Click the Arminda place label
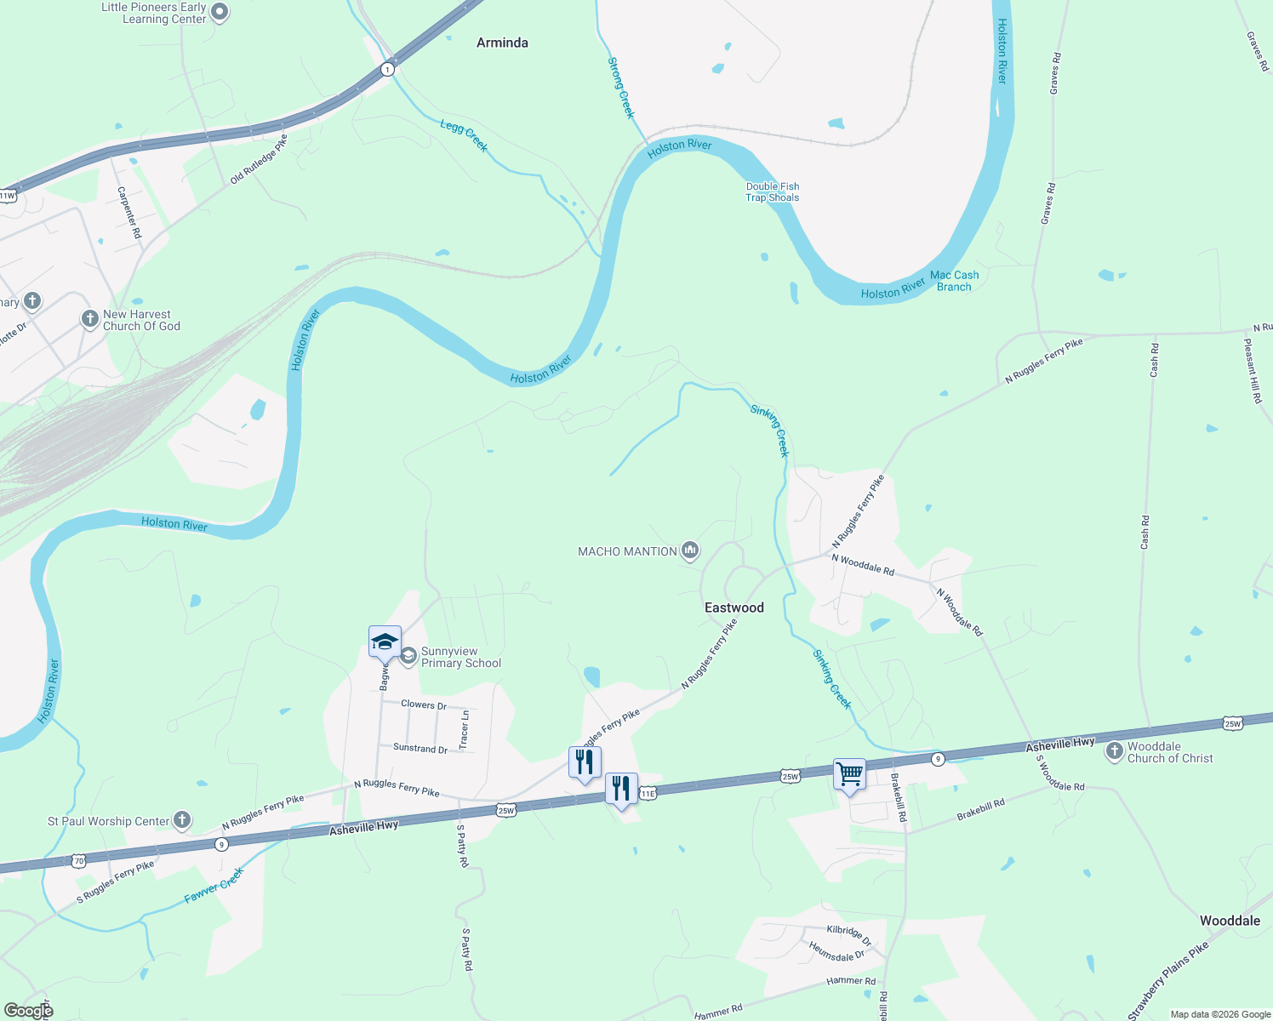[502, 43]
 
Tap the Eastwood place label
[734, 607]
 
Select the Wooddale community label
[1230, 921]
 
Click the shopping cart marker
[849, 775]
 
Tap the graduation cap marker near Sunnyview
[385, 642]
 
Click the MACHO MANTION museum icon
[690, 551]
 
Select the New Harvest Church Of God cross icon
[89, 319]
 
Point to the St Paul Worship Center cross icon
[181, 820]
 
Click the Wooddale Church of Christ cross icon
[1114, 751]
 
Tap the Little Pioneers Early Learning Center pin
[220, 12]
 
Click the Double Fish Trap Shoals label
[772, 191]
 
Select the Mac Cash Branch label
[954, 281]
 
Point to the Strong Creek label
[621, 88]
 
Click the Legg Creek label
[464, 136]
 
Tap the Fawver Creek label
[214, 885]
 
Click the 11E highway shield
[648, 793]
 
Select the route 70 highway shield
[78, 861]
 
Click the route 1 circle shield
[387, 69]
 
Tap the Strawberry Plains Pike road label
[1167, 980]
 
